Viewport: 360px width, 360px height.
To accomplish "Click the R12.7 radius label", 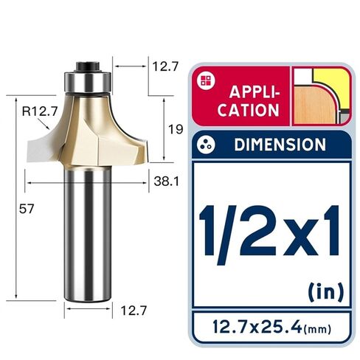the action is pyautogui.click(x=40, y=111).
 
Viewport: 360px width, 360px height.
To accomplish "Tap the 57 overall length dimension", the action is pyautogui.click(x=27, y=209).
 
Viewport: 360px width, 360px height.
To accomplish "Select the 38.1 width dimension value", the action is pyautogui.click(x=167, y=181).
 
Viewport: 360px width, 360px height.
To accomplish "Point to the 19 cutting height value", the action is pyautogui.click(x=176, y=129).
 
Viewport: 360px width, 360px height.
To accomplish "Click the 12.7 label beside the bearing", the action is pyautogui.click(x=165, y=66).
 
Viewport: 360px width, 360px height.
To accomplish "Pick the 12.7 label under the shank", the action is pyautogui.click(x=134, y=311).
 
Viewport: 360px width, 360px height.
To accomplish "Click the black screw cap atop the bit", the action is pyautogui.click(x=87, y=66).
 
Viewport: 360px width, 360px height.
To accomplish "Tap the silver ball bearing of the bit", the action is pyautogui.click(x=88, y=81).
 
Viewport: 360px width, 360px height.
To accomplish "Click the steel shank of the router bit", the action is pyautogui.click(x=88, y=234).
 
